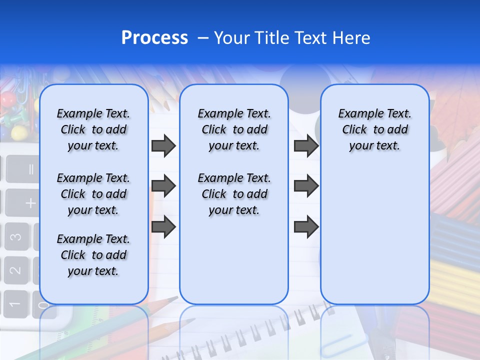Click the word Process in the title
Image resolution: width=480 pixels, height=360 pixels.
(154, 38)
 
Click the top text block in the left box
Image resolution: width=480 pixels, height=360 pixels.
(93, 129)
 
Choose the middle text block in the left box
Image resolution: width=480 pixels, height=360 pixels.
(93, 194)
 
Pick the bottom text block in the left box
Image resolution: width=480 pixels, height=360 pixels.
(93, 255)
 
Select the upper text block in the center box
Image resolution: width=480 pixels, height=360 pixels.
(234, 129)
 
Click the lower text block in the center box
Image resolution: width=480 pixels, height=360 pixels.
(234, 194)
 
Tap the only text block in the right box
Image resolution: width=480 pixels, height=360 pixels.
(374, 129)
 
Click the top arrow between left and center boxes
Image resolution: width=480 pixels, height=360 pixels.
(163, 146)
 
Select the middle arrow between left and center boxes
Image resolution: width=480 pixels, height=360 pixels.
(163, 186)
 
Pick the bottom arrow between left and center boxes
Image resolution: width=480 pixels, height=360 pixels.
(163, 226)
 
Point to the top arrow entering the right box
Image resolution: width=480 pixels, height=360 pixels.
(306, 146)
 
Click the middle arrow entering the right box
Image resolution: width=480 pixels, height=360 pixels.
(306, 186)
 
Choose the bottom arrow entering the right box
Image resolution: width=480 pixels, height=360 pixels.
(306, 226)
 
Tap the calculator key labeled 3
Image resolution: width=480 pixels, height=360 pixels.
(17, 236)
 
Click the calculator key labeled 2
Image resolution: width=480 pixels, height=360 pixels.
(16, 270)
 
